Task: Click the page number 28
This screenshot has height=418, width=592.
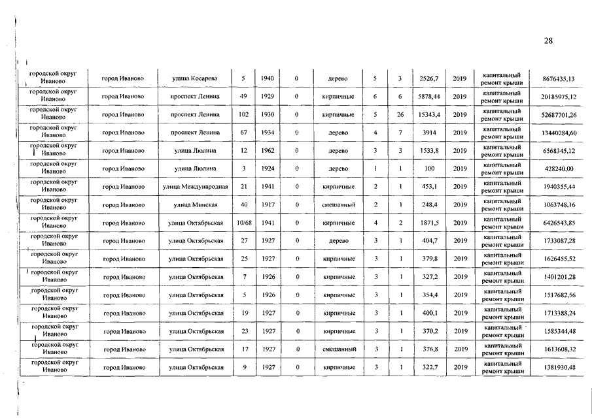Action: pyautogui.click(x=548, y=41)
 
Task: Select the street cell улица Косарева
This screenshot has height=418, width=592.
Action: pyautogui.click(x=194, y=79)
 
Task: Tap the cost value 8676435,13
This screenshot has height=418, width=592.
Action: pyautogui.click(x=559, y=79)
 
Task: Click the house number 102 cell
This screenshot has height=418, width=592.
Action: pyautogui.click(x=243, y=115)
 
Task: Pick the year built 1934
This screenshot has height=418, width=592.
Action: pyautogui.click(x=267, y=133)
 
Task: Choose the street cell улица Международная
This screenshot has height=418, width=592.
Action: pyautogui.click(x=195, y=187)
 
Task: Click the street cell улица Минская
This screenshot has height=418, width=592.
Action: pyautogui.click(x=195, y=205)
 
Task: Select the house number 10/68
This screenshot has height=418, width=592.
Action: pyautogui.click(x=243, y=223)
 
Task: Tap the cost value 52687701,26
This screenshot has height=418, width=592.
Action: pyautogui.click(x=559, y=115)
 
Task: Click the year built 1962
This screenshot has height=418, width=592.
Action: pyautogui.click(x=267, y=151)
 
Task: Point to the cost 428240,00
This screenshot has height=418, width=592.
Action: pyautogui.click(x=559, y=169)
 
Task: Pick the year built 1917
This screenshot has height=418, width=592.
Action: pyautogui.click(x=267, y=205)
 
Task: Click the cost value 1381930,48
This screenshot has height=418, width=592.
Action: pyautogui.click(x=559, y=368)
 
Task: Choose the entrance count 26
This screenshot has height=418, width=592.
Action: pyautogui.click(x=400, y=115)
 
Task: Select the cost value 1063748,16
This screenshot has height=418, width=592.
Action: pyautogui.click(x=559, y=205)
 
